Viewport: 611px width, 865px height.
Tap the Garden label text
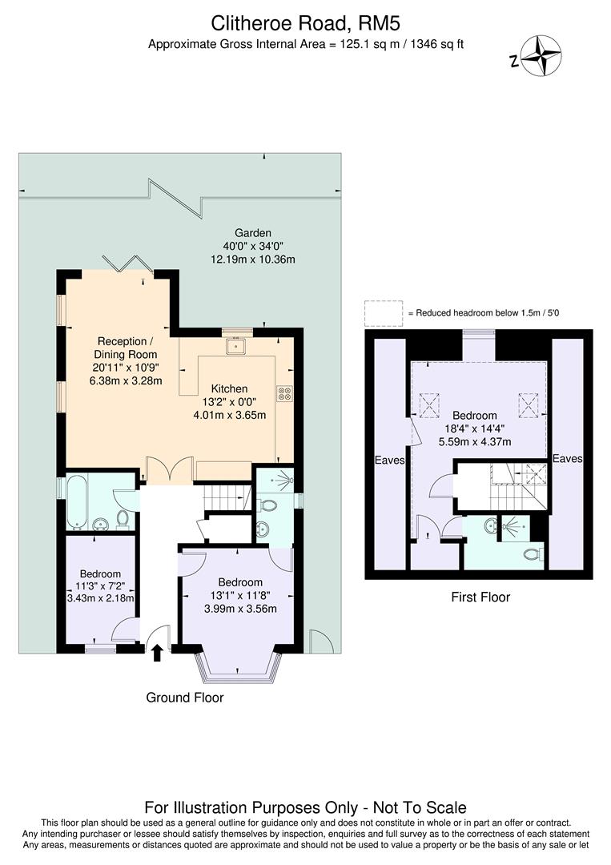(252, 232)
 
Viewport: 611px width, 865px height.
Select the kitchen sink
(237, 346)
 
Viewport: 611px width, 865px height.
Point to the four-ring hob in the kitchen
(284, 392)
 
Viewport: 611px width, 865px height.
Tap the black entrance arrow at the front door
(157, 654)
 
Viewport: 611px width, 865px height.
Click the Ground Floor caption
(184, 698)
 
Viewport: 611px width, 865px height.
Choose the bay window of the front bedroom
(239, 665)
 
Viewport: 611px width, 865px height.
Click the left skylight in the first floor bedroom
(431, 405)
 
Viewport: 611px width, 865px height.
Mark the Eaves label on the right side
(567, 459)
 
